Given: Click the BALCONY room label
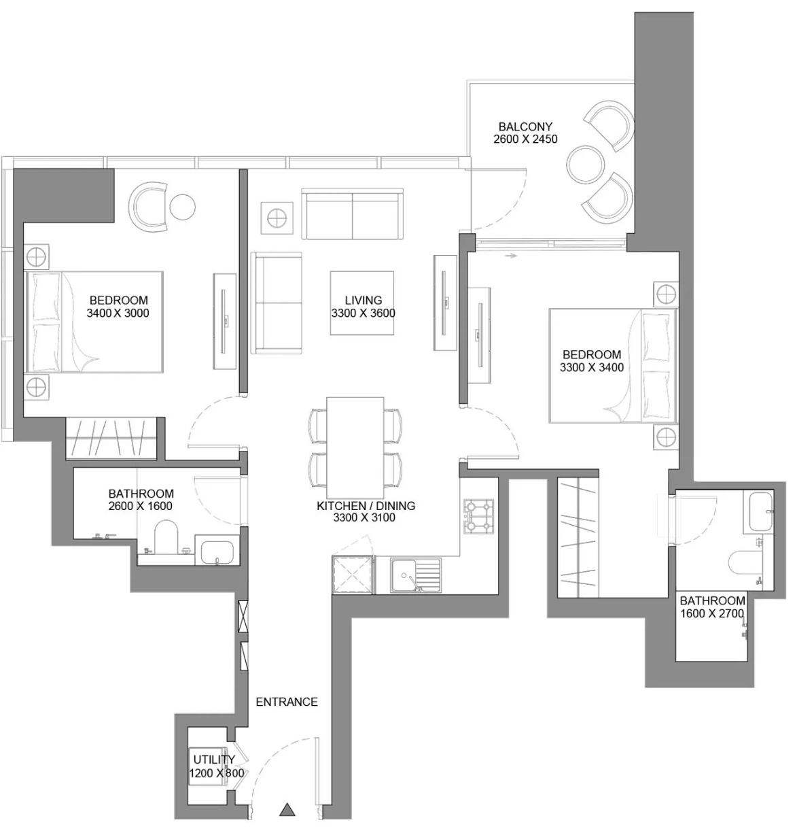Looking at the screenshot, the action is click(x=525, y=126).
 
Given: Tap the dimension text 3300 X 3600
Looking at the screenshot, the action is click(x=363, y=313).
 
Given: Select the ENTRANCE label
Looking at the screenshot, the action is click(x=287, y=702).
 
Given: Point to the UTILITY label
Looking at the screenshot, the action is click(x=214, y=759).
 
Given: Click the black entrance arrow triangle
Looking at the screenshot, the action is click(x=287, y=810).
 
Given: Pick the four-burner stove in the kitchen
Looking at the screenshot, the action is click(x=478, y=516).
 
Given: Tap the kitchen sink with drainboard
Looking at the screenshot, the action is click(x=415, y=575).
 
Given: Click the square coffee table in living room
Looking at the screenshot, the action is click(x=362, y=303).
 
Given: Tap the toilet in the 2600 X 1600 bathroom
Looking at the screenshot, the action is click(x=166, y=537).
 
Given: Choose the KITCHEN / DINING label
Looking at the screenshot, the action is click(x=366, y=505).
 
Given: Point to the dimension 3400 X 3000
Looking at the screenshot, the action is click(x=118, y=313).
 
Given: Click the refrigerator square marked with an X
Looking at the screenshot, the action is click(x=353, y=575).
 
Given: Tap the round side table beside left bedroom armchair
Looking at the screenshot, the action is click(x=182, y=207).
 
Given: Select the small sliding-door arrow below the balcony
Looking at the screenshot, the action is click(x=511, y=256).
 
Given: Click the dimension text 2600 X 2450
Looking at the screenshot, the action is click(x=525, y=139).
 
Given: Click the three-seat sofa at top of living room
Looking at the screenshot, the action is click(x=352, y=214).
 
